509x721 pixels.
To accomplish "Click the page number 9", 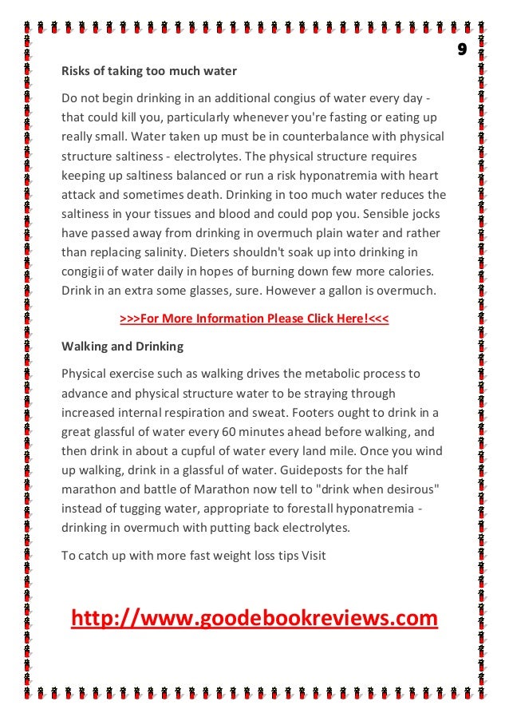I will click(461, 50).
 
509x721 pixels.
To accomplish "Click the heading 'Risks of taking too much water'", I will click(149, 71).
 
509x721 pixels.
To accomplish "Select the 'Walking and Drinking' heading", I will click(122, 347).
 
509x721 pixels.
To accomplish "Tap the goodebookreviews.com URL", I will click(254, 618).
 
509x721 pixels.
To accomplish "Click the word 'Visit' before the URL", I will click(314, 555).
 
